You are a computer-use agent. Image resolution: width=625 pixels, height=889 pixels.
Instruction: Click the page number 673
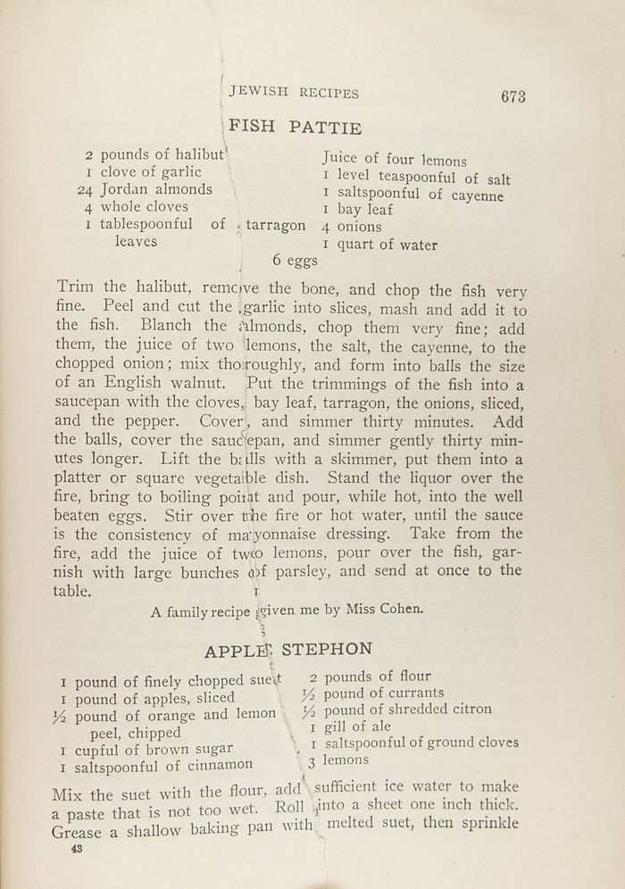513,97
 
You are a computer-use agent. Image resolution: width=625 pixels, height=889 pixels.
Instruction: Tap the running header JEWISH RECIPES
294,93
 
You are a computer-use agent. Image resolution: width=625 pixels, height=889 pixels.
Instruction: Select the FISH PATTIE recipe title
296,128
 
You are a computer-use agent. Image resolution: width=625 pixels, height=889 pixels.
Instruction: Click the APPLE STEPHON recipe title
287,649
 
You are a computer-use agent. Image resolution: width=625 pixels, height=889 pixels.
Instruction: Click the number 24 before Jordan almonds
87,189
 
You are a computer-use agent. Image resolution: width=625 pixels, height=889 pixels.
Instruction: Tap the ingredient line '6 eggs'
296,261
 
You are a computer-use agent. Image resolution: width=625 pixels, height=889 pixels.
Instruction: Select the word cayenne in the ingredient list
476,195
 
